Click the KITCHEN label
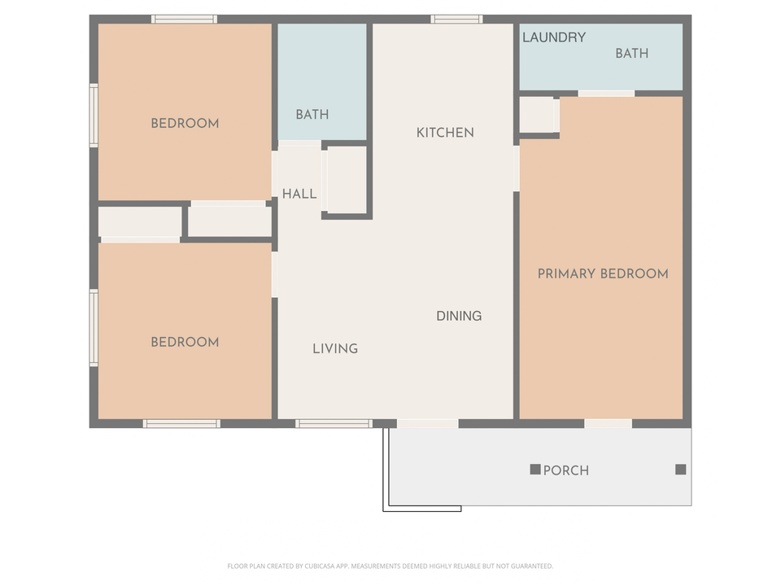coord(445,133)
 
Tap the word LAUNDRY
coord(553,37)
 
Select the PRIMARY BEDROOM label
coord(603,274)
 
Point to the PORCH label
coord(566,470)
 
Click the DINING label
coord(459,316)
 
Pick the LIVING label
coord(335,348)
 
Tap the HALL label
coord(299,194)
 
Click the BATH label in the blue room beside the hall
coord(312,115)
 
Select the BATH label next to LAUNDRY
coord(631,54)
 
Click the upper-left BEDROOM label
coord(185,124)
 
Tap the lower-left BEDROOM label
coord(185,342)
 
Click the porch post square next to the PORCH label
coord(535,470)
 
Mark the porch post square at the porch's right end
coord(681,470)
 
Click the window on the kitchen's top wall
coord(456,20)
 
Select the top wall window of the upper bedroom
coord(184,20)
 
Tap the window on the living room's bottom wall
coord(334,423)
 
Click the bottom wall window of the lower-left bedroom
coord(181,423)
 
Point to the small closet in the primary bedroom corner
coord(537,115)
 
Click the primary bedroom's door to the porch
coord(608,423)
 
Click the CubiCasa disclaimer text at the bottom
coord(390,566)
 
